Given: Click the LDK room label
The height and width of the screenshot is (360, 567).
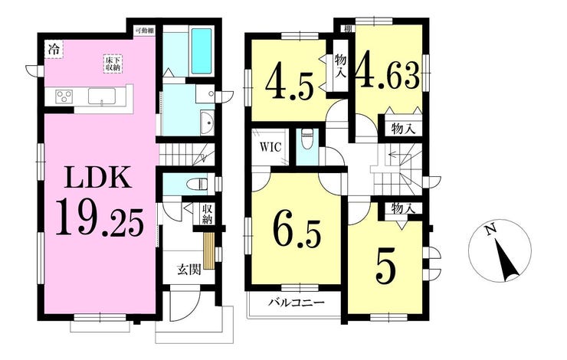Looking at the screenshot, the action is tap(97, 177).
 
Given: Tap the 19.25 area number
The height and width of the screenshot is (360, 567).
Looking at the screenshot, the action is tap(100, 218).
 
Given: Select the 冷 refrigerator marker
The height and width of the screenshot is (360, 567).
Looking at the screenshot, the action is tap(54, 49).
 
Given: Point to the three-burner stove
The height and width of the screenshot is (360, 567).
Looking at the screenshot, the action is tap(64, 97).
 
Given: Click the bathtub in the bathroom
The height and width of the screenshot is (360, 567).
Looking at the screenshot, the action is tap(201, 51).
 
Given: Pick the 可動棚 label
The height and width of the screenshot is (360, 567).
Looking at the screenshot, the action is tap(144, 31).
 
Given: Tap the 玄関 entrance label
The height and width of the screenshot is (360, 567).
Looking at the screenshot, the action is tap(188, 270).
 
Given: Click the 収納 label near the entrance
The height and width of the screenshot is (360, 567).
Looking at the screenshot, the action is tap(207, 214).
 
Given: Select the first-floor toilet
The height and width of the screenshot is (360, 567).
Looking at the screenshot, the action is tap(197, 184).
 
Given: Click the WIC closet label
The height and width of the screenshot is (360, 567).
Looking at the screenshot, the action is tap(270, 148).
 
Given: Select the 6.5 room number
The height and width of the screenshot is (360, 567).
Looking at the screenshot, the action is tap(297, 232).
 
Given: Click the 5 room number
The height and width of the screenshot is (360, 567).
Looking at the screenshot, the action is tap(386, 267).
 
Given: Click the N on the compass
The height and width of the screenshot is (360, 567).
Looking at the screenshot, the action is tap(490, 229).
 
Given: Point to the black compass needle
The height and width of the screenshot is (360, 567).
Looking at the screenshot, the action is tap(507, 261).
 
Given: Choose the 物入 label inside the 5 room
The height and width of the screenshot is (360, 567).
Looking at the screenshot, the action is tap(402, 208).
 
